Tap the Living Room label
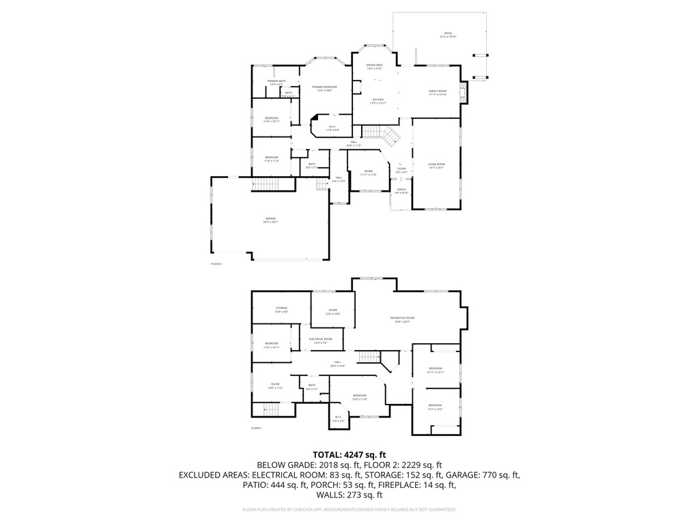click(436, 165)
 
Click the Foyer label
click(401, 170)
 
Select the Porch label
click(401, 191)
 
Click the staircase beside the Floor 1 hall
click(369, 356)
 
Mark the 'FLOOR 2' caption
click(216, 263)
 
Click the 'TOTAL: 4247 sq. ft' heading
click(349, 454)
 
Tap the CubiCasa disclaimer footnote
click(349, 510)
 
